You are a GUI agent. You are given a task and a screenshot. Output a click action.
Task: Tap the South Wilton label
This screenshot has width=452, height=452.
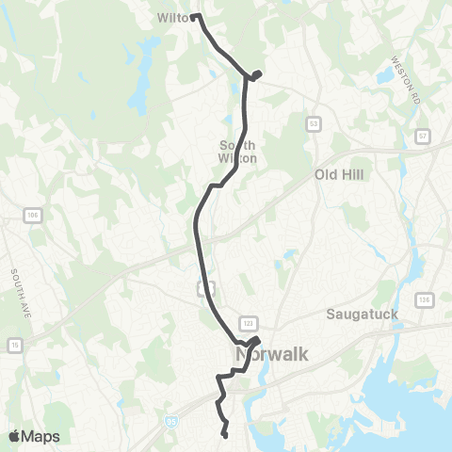(238, 152)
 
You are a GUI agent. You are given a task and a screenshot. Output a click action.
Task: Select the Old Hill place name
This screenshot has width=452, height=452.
(339, 175)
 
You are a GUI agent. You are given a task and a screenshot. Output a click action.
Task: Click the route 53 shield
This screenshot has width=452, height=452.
(314, 122)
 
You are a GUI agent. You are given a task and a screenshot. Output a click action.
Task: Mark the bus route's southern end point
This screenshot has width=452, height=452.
(226, 434)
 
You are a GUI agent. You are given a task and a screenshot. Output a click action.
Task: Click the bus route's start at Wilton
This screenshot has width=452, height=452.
(195, 17)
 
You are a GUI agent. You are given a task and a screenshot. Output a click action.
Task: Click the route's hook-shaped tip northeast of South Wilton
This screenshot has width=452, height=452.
(256, 73)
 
